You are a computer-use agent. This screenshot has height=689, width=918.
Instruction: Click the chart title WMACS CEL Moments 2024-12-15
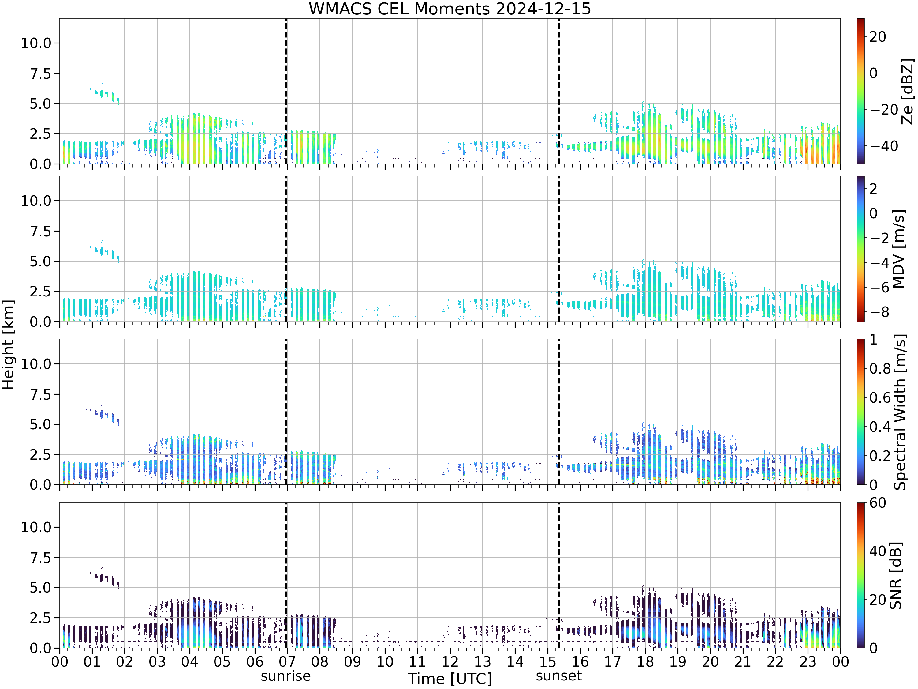coord(450,9)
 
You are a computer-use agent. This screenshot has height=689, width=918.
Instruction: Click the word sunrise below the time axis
coord(285,676)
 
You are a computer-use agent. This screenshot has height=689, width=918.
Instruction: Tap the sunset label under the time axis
coord(558,676)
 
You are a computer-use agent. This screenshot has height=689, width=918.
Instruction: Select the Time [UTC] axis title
coord(450,679)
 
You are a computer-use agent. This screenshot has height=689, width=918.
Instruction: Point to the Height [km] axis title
coord(8,345)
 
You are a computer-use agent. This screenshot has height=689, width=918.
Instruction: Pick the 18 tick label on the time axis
coord(645,661)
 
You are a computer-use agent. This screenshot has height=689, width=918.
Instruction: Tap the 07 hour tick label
coord(287,661)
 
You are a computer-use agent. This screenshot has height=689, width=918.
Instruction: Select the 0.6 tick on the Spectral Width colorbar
coord(880,398)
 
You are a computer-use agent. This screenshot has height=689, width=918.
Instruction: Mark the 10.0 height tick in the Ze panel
coord(36,43)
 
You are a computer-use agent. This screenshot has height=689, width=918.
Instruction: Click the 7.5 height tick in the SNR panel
coord(41,558)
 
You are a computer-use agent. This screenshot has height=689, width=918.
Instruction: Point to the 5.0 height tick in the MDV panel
coord(41,262)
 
